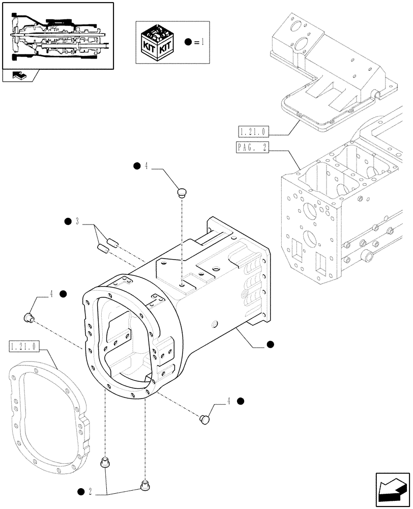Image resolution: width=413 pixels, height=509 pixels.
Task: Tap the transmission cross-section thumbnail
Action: [x=57, y=35]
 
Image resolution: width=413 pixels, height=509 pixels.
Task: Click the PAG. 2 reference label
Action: [x=252, y=148]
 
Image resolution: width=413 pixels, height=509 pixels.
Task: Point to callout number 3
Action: [x=77, y=221]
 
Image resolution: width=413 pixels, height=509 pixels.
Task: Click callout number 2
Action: [x=90, y=491]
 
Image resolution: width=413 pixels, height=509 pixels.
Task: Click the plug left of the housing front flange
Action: [x=29, y=319]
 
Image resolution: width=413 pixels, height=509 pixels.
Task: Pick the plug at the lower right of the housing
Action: [x=204, y=418]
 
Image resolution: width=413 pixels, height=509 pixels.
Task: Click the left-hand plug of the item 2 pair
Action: [x=105, y=462]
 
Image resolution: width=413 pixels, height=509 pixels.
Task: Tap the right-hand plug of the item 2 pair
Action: [x=144, y=485]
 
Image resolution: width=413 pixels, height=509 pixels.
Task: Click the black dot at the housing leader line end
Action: [x=271, y=345]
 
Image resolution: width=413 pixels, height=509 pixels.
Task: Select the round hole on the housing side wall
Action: [x=214, y=323]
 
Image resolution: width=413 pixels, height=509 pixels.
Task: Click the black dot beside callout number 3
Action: [x=68, y=221]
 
